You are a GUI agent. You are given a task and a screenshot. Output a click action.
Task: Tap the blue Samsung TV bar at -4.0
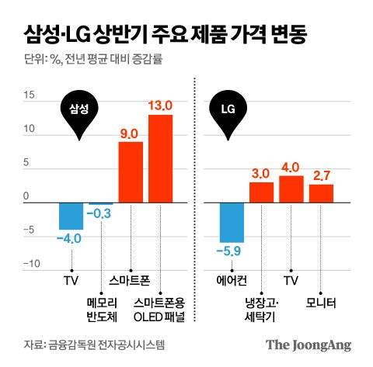pyautogui.click(x=71, y=216)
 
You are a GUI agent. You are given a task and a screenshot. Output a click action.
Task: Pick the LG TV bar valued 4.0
pyautogui.click(x=291, y=189)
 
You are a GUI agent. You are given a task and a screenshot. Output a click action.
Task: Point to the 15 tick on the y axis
pyautogui.click(x=30, y=96)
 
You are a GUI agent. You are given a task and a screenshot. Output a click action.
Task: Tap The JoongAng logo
pyautogui.click(x=308, y=344)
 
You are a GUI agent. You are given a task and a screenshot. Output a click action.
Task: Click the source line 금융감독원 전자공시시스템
pyautogui.click(x=94, y=344)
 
